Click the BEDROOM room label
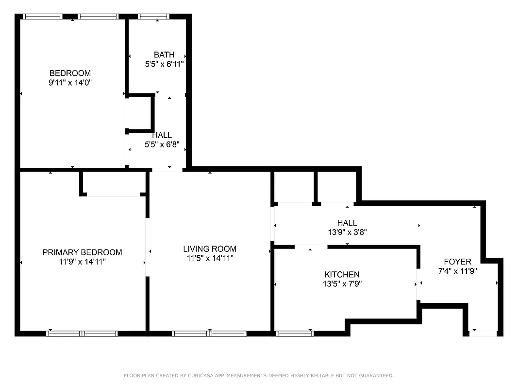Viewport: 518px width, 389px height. (x=70, y=73)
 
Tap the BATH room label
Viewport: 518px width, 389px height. (x=164, y=54)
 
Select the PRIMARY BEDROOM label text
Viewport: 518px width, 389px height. (x=82, y=252)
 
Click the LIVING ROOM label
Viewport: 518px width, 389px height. (x=209, y=249)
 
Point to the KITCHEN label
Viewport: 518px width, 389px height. (x=342, y=275)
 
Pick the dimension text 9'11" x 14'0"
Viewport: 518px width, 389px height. (x=70, y=83)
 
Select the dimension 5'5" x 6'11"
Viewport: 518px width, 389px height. (x=164, y=64)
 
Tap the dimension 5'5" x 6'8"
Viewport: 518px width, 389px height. (x=162, y=144)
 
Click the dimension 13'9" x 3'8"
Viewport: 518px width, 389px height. (x=347, y=232)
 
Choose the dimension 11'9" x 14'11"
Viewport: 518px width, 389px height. (x=82, y=262)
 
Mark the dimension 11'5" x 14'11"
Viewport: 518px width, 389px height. (x=209, y=258)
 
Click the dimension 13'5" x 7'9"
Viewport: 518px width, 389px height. (x=342, y=284)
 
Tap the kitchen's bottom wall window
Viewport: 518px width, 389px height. (x=295, y=334)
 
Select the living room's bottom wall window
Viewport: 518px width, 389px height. (x=209, y=334)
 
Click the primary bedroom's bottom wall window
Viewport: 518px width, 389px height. (x=82, y=334)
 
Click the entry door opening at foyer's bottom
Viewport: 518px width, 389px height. (x=483, y=334)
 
